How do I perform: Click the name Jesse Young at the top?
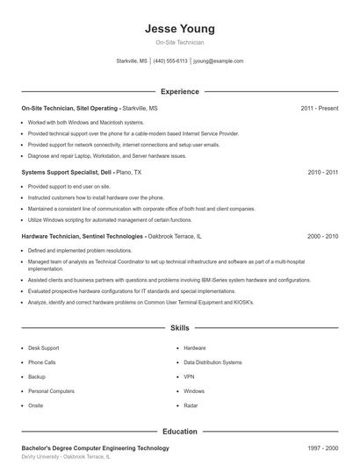[180, 28]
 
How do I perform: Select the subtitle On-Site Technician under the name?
[180, 42]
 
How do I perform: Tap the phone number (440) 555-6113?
[170, 61]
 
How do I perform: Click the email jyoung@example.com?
[219, 61]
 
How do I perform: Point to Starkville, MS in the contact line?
[132, 61]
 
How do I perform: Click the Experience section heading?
[180, 91]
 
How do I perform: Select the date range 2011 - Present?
[319, 108]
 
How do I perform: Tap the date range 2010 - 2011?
[322, 173]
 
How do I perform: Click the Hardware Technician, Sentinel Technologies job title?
[82, 236]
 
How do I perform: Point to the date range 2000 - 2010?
[322, 236]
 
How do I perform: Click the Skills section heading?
[180, 328]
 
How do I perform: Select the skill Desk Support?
[44, 348]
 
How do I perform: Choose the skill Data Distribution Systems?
[212, 362]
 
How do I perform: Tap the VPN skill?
[189, 376]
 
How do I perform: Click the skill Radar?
[191, 405]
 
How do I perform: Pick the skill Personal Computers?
[51, 390]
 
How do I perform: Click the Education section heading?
[180, 431]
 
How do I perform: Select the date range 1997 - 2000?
[322, 448]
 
